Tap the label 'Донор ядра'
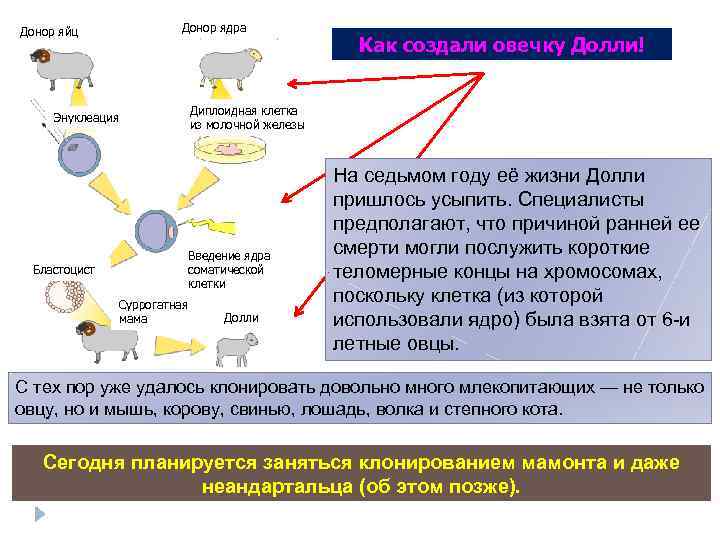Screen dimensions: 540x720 214,27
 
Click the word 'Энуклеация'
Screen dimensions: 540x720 86,118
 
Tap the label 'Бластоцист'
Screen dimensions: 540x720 64,269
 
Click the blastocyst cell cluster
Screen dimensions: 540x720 67,296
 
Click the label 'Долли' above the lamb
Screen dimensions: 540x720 240,317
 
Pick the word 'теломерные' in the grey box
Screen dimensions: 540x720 382,271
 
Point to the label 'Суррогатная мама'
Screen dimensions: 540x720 152,311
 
